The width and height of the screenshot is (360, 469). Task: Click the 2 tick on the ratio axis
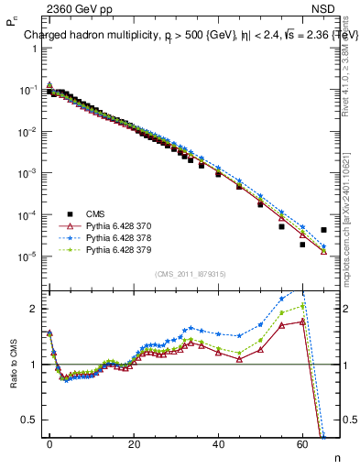coord(31,309)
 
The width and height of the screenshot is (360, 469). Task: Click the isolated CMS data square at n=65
coord(323,230)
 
